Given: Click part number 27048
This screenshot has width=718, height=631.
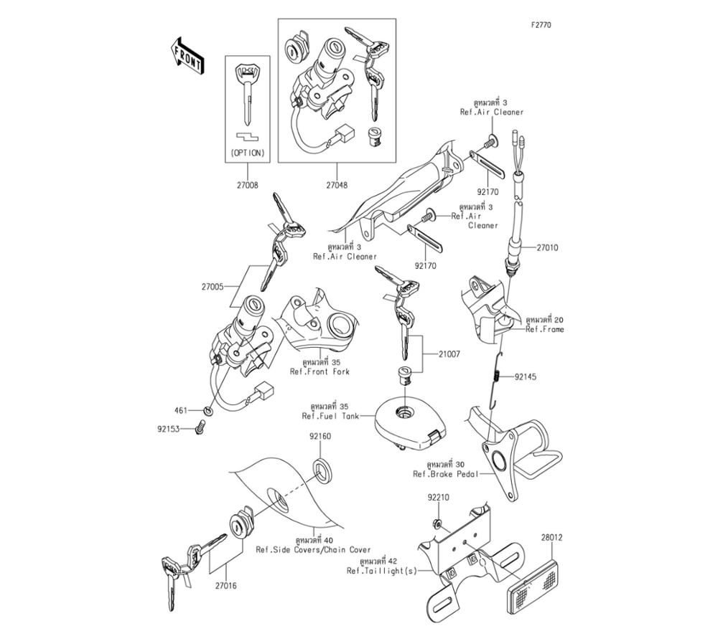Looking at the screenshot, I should pos(336,185).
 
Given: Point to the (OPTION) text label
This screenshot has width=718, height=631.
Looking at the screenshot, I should pos(246,153).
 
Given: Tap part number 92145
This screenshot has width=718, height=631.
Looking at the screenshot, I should pos(524,376).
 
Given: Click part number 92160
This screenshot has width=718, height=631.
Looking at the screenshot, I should pos(320,436).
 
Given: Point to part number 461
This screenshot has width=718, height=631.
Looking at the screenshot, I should pos(181,411).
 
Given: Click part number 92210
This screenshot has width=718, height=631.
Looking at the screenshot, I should pos(439,496).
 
